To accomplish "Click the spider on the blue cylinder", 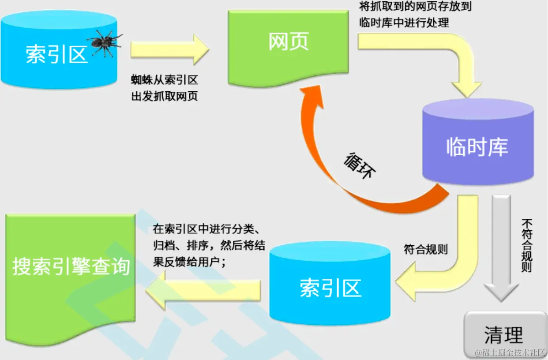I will [x=105, y=42].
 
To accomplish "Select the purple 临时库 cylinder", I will [x=477, y=141].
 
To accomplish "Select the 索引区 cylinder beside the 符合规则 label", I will [x=330, y=287].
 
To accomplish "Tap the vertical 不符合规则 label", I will [x=526, y=245].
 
